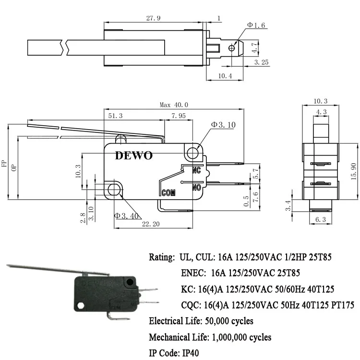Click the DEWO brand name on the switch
[133, 156]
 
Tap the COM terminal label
[168, 193]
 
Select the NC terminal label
[196, 170]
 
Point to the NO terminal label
[196, 188]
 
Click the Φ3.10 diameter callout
[223, 125]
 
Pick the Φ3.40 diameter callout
[126, 216]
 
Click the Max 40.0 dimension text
[174, 105]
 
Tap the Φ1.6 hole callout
[256, 24]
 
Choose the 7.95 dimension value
[179, 116]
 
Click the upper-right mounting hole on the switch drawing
[193, 154]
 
